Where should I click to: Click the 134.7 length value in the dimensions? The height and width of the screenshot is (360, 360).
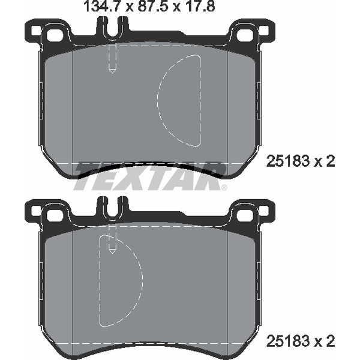[103, 6]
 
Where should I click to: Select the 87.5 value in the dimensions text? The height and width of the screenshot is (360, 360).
[153, 6]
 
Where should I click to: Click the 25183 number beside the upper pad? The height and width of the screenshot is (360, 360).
[287, 161]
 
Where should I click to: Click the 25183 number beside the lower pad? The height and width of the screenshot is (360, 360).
[287, 341]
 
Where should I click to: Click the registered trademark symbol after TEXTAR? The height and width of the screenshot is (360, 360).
[224, 188]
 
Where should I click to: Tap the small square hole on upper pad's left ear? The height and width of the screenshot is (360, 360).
[35, 31]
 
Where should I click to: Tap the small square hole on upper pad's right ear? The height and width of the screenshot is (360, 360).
[265, 31]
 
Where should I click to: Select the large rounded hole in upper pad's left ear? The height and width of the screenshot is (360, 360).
[55, 35]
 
